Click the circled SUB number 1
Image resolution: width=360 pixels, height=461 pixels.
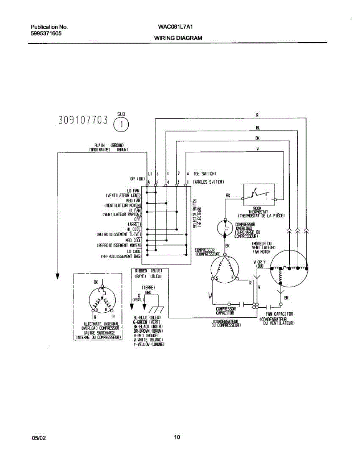click(x=121, y=124)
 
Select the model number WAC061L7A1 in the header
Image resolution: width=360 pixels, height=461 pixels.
click(x=173, y=27)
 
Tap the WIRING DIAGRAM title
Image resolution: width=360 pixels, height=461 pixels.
click(x=178, y=38)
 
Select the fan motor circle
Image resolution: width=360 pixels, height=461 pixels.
click(x=289, y=270)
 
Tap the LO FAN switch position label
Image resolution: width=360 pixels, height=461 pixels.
click(x=133, y=191)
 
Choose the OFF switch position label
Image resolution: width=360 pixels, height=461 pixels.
click(x=137, y=219)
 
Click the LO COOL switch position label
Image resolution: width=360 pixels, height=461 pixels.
click(x=134, y=251)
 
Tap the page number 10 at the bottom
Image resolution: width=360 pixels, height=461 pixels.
click(x=177, y=437)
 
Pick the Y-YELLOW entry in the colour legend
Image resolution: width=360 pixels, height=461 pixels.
click(x=149, y=344)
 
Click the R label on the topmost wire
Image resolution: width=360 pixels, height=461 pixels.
click(x=257, y=114)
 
